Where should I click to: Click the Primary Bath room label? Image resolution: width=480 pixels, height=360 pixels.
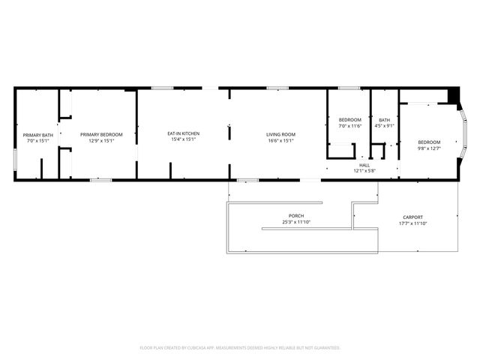point(37,135)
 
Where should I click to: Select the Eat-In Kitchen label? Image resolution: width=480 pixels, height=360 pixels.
point(183,133)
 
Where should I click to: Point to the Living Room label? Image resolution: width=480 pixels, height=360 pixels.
point(280,135)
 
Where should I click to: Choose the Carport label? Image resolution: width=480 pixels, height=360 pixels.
point(413,217)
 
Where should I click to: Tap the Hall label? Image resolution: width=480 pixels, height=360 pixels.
point(364,165)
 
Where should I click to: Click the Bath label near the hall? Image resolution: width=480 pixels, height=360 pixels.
point(384,120)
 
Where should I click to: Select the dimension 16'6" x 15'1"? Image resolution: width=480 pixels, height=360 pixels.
point(280,140)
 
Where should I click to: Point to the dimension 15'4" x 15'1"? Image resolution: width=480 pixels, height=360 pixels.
point(183,139)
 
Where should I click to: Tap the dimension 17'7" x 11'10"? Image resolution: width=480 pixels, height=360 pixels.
point(413,223)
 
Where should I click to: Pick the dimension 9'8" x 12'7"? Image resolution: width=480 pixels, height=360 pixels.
point(430,148)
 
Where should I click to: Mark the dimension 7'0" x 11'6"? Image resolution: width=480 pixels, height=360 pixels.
point(350,126)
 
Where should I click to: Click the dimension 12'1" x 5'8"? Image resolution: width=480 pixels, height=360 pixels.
point(364,171)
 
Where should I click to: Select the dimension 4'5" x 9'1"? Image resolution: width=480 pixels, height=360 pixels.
point(384,126)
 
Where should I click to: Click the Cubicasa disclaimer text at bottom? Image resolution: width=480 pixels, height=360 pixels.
point(240,348)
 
